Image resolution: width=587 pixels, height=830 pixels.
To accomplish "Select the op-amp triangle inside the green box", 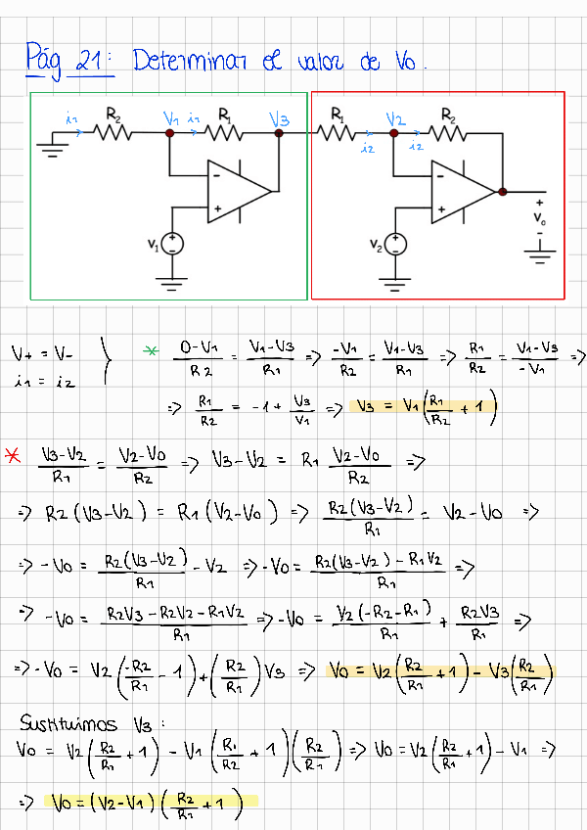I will (237, 188).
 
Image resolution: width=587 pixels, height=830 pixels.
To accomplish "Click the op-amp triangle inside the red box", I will (463, 190).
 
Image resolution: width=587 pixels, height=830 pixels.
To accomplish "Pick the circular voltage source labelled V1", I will (172, 244).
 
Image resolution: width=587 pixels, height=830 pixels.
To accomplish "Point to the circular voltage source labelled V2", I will (395, 244).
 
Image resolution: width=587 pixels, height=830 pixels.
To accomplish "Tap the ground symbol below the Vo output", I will (539, 256).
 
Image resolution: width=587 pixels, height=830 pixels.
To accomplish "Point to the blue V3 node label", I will (279, 119).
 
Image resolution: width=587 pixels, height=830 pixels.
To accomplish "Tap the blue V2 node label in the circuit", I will (395, 119).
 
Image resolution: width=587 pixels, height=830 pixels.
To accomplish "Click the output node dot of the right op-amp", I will (502, 191).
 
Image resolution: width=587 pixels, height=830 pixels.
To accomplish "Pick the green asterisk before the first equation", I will (151, 349).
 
